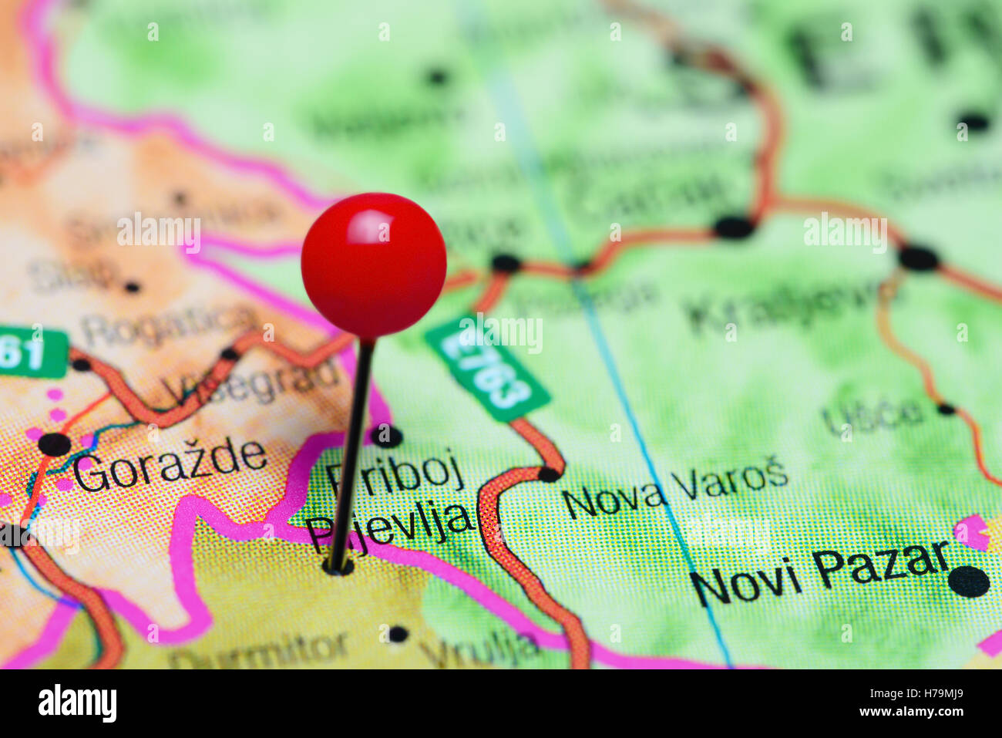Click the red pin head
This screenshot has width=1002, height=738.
tap(373, 265)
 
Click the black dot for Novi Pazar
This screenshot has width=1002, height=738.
tap(969, 581)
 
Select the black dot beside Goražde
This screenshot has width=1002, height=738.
tap(55, 443)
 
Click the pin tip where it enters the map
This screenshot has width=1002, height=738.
tap(336, 569)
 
